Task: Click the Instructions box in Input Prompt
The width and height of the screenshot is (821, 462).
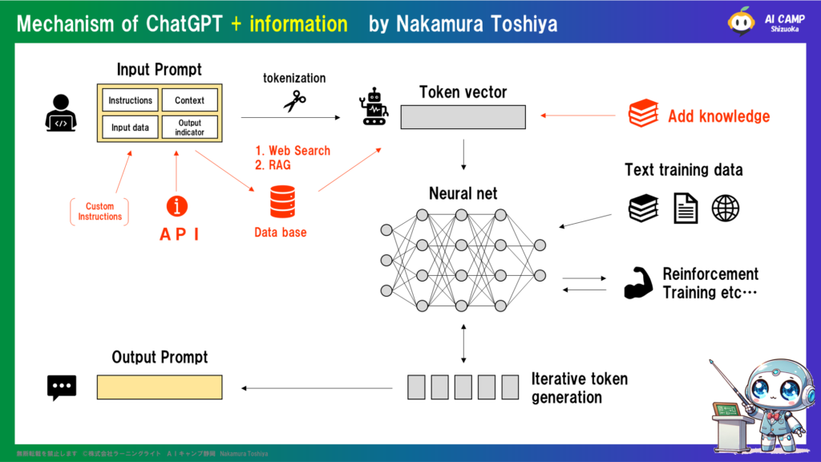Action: tap(130, 100)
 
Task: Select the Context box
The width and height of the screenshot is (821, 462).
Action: tap(189, 100)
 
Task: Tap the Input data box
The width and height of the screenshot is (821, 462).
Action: tap(130, 128)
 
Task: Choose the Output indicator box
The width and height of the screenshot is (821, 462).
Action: tap(189, 128)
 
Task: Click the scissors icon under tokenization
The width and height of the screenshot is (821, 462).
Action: tap(294, 100)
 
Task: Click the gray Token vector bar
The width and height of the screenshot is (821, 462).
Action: tap(463, 117)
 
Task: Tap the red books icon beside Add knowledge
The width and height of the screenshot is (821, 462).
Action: tap(643, 114)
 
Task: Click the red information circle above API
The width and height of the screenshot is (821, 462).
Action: tap(176, 206)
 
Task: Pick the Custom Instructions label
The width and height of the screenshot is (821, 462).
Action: tap(100, 212)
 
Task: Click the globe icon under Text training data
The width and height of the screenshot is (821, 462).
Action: tap(725, 209)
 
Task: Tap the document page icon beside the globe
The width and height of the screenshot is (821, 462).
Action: tap(685, 209)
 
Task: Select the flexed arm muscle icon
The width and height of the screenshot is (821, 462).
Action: tap(638, 284)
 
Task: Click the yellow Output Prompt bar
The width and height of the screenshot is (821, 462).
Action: tap(160, 387)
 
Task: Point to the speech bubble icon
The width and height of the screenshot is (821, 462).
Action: tap(62, 387)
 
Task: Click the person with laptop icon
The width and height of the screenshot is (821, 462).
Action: tap(61, 113)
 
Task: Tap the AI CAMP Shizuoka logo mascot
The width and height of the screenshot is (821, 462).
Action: tap(742, 22)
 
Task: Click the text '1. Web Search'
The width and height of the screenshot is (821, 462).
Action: tap(293, 151)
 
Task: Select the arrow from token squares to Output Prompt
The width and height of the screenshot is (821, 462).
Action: tap(317, 388)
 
